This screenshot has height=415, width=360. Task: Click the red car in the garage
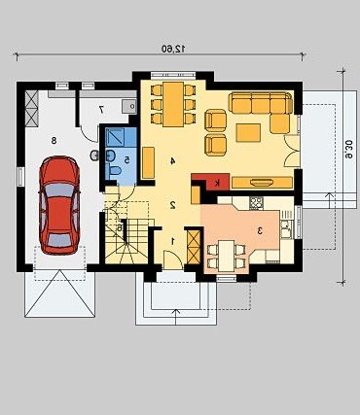point(59,205)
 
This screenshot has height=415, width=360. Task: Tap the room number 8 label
point(54,140)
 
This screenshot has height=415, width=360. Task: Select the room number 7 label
point(101,110)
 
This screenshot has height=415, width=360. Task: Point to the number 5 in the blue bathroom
point(127,159)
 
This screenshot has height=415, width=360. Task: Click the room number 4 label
point(173,160)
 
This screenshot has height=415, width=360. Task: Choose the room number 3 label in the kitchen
point(260,230)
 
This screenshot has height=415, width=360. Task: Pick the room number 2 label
point(173,204)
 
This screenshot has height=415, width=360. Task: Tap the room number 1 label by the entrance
point(173,241)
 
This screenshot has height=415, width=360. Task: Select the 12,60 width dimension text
point(174,49)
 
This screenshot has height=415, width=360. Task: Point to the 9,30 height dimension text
point(348,150)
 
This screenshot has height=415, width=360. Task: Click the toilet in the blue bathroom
point(115,170)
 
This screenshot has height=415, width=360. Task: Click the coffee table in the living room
point(248,133)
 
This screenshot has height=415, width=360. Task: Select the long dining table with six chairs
point(173,104)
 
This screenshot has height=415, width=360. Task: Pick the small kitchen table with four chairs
point(227,256)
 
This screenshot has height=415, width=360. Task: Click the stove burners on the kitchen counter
point(256,203)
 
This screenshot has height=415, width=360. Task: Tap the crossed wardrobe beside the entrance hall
point(194,247)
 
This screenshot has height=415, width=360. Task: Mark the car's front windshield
point(59,190)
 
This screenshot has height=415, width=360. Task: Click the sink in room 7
point(129,106)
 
